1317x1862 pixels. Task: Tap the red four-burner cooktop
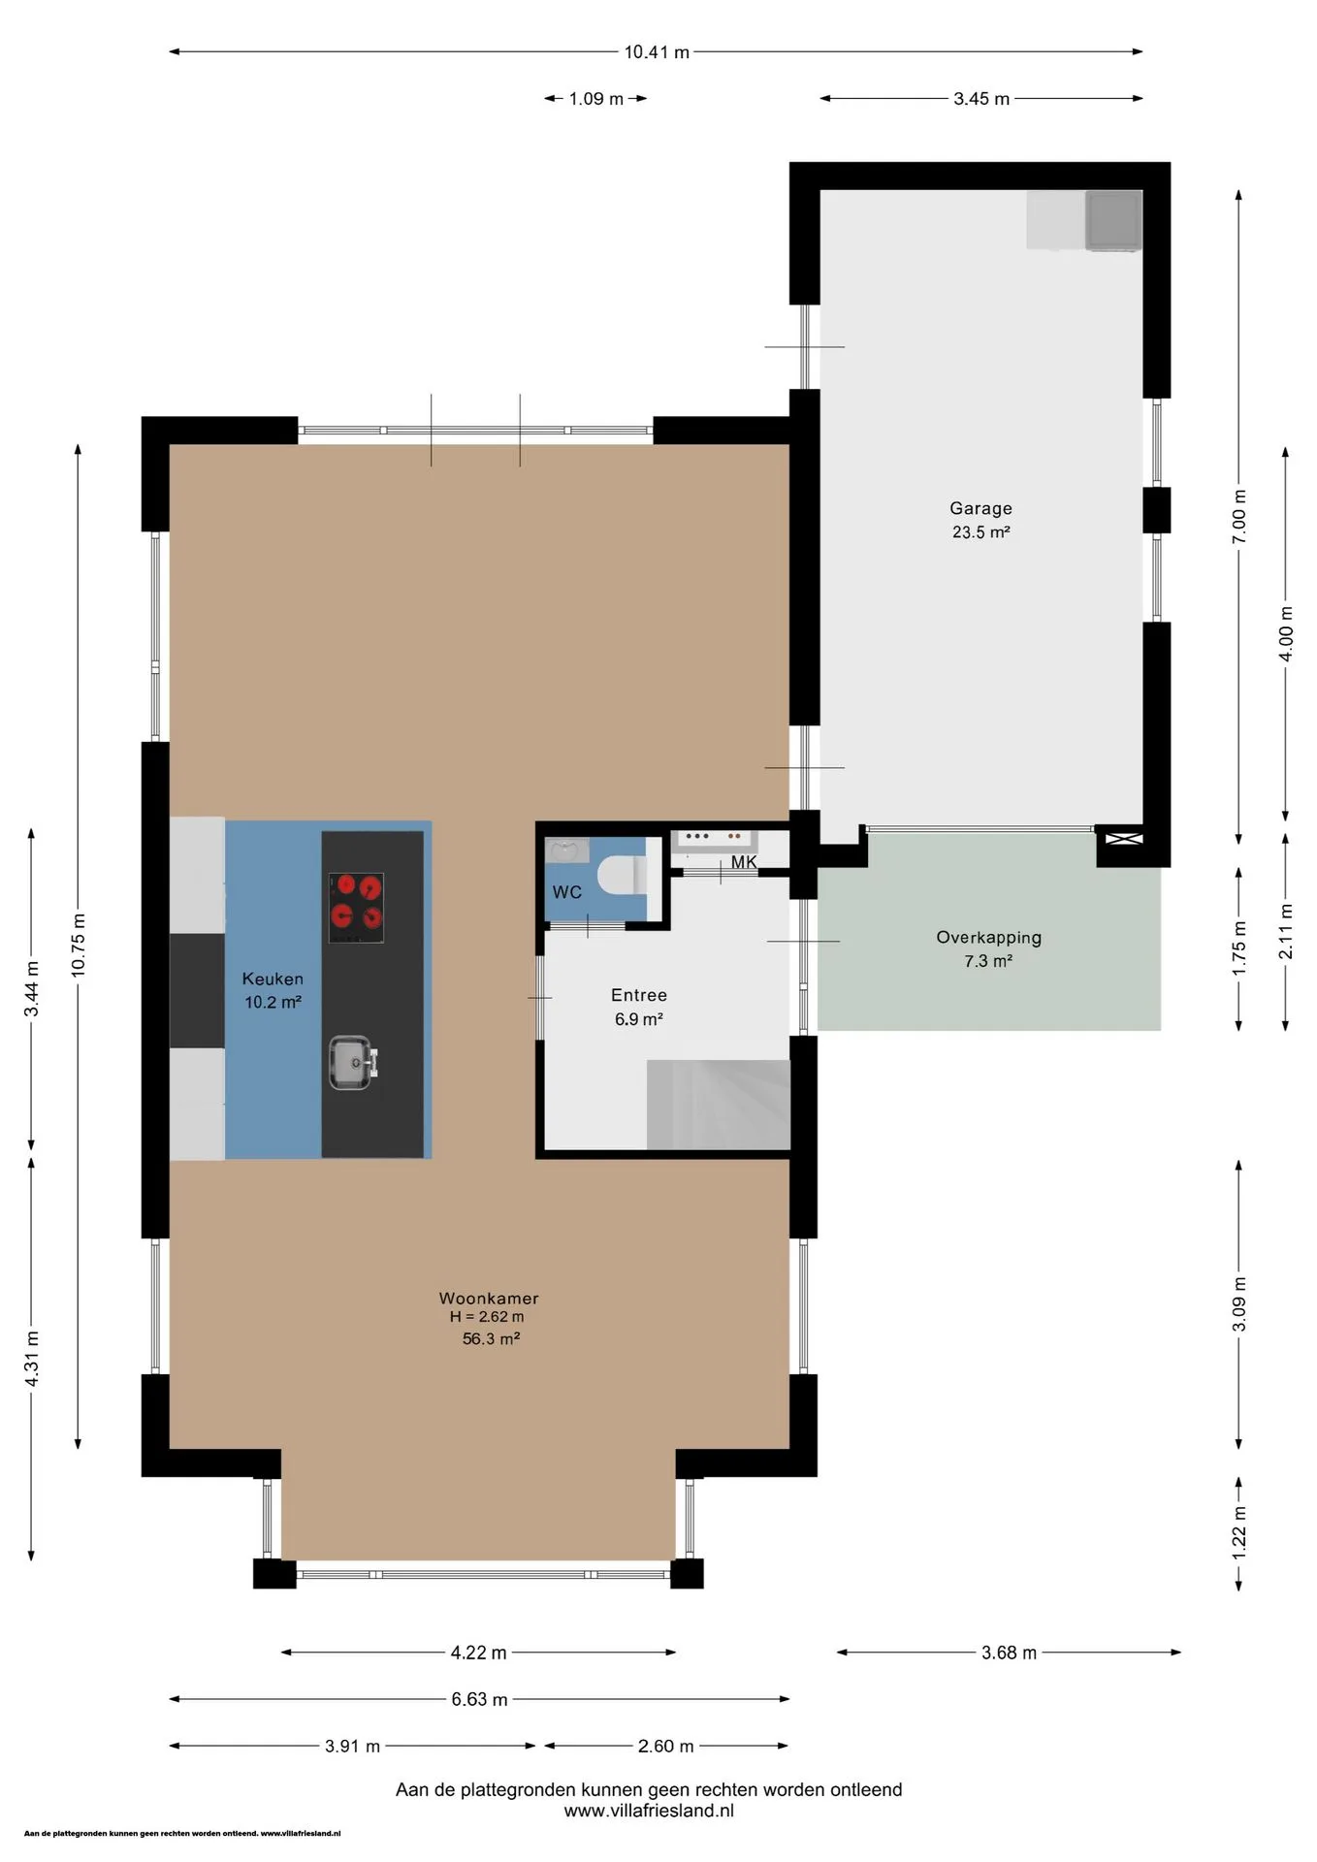(x=356, y=908)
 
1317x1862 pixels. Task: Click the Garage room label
(x=980, y=508)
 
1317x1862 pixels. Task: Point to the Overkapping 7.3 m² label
(x=988, y=948)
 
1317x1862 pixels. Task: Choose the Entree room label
(x=639, y=995)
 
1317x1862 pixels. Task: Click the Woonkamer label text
(x=489, y=1298)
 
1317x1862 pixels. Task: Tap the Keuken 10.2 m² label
(x=273, y=990)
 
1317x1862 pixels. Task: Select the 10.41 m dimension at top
(x=657, y=52)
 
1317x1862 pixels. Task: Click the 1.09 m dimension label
(x=595, y=99)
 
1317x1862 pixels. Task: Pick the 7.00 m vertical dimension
(x=1238, y=517)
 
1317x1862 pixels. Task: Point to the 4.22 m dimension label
(x=478, y=1653)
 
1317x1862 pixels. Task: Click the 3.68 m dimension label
(x=1009, y=1653)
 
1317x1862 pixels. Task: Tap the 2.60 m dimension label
(x=665, y=1746)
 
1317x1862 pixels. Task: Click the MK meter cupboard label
(x=744, y=862)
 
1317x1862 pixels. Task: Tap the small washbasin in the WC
(x=566, y=851)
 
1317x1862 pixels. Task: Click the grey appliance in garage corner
(x=1113, y=219)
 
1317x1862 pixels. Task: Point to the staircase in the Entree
(x=719, y=1105)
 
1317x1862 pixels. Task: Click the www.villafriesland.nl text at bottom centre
(x=649, y=1811)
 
